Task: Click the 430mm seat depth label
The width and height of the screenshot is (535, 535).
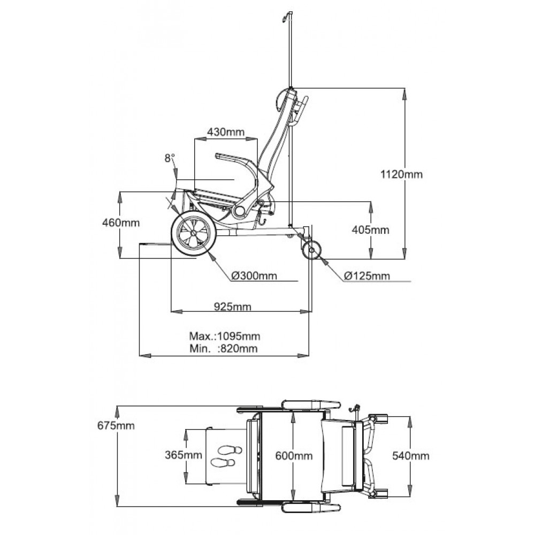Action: (226, 132)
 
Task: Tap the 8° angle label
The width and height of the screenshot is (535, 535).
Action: (170, 158)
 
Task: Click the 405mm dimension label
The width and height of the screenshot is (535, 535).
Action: (370, 230)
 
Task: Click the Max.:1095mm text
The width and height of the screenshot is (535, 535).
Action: (225, 337)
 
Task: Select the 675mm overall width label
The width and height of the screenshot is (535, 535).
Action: (116, 426)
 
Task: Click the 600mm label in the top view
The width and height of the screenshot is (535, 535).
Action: (294, 456)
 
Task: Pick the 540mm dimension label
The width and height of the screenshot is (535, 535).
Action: (410, 456)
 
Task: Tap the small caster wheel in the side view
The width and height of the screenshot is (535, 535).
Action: (311, 250)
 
